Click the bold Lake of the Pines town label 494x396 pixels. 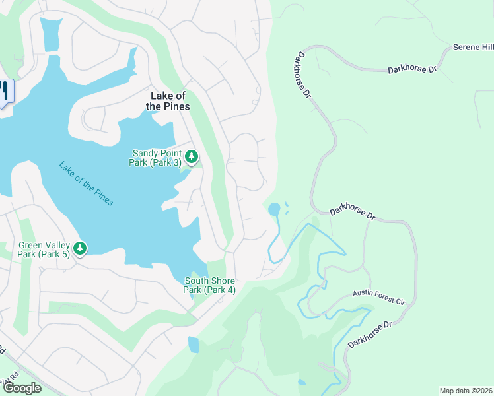pos(167,101)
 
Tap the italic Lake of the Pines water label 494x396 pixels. pos(86,183)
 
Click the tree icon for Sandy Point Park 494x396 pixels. pos(192,156)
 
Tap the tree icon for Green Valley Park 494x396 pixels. pos(80,248)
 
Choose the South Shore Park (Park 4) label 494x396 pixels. pos(209,285)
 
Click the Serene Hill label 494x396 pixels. pos(474,48)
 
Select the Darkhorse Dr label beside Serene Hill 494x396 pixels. pos(413,69)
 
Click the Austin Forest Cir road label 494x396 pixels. pos(378,297)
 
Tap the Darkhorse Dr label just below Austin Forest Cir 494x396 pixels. pos(370,334)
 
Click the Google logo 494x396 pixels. pos(21,388)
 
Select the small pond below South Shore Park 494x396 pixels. pos(193,345)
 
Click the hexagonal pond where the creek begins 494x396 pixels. pos(274,211)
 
